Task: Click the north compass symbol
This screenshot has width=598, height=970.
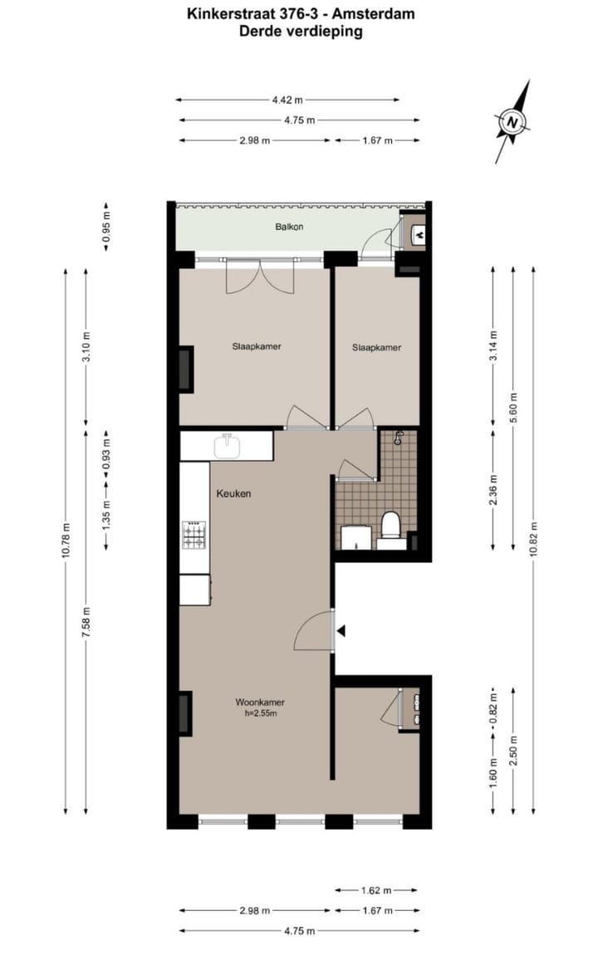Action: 514,123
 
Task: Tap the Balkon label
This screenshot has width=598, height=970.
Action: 289,227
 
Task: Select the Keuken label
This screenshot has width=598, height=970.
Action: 233,493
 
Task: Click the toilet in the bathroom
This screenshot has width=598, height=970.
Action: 390,527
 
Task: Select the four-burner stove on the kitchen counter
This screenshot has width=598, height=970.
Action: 194,534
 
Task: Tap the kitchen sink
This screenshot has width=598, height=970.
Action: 227,447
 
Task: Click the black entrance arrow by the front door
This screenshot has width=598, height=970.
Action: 341,632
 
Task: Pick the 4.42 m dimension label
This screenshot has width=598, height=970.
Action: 287,100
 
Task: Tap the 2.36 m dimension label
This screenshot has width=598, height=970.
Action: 493,488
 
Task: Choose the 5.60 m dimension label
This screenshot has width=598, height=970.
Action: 513,406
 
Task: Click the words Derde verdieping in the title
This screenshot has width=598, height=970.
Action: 300,32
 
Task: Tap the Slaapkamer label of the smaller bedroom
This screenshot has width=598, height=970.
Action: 376,347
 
